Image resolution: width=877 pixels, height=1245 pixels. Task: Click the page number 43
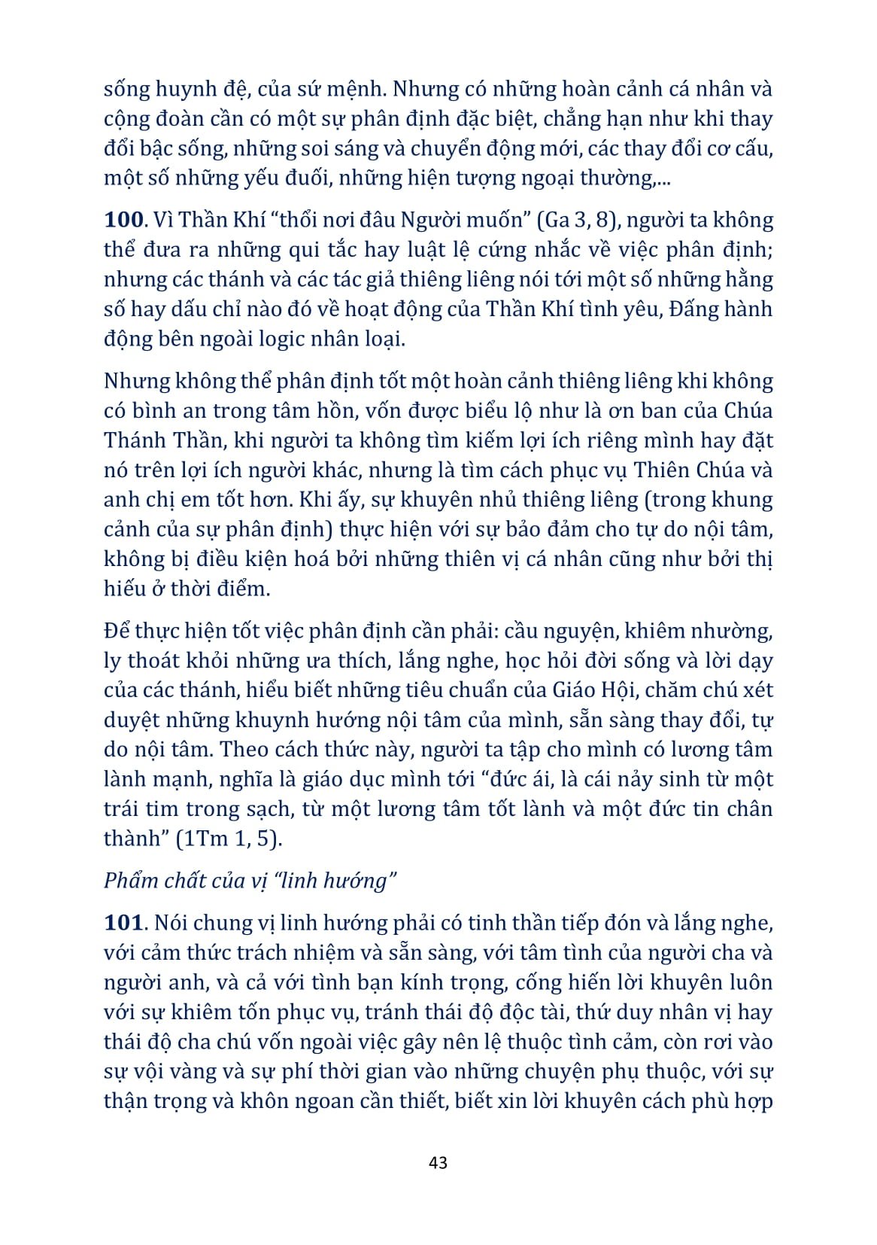438,1162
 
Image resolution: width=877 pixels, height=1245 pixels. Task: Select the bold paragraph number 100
123,220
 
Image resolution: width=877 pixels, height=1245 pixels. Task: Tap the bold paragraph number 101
123,923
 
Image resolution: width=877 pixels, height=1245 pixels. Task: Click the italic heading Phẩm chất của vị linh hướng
250,881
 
